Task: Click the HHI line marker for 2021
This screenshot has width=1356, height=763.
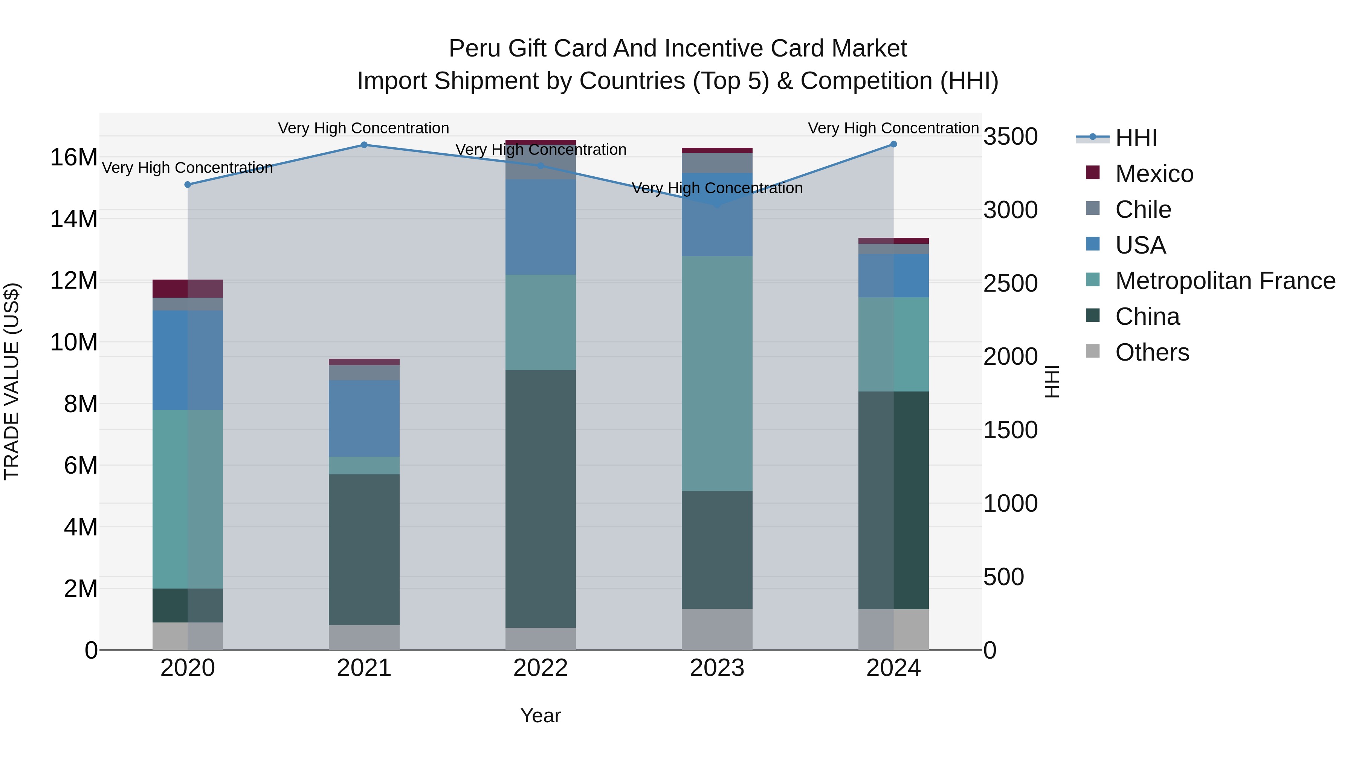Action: click(x=364, y=145)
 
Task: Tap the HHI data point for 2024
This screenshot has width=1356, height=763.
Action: click(x=893, y=144)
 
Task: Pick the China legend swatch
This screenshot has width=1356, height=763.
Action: click(x=1093, y=316)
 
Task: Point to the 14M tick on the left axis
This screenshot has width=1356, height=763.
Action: click(x=74, y=219)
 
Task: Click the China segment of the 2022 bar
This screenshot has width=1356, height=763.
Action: click(x=541, y=498)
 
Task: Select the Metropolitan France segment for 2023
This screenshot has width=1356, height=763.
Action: click(x=717, y=373)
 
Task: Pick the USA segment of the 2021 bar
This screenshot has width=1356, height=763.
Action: click(x=364, y=418)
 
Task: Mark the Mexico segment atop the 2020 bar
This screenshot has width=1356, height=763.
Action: click(x=188, y=289)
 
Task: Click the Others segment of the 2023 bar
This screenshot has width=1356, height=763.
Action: click(x=717, y=629)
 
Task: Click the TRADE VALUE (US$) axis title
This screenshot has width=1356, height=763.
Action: click(x=12, y=381)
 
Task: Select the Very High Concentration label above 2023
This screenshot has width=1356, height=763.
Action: click(x=717, y=188)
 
